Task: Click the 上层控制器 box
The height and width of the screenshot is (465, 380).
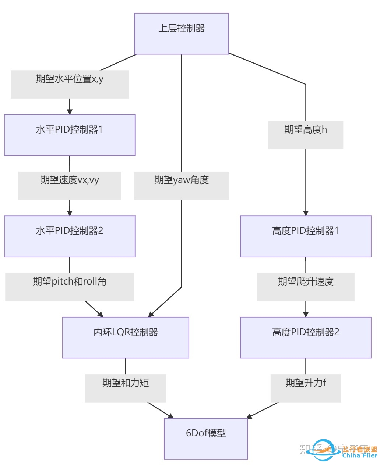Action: coord(182,34)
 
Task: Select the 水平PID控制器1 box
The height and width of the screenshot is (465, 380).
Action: coord(70,135)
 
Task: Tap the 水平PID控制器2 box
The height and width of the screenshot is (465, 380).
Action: coord(70,236)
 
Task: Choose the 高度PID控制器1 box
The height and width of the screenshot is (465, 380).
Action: coord(306,236)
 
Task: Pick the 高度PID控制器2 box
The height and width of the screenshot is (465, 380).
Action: coord(306,337)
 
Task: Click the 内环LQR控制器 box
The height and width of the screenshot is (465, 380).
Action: coord(126,337)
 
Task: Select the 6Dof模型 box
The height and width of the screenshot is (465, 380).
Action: coord(206,439)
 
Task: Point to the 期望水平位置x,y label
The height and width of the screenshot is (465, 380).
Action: coord(70,84)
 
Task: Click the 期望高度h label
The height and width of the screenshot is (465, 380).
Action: coord(306,135)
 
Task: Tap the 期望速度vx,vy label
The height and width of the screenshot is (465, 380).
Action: coord(70,185)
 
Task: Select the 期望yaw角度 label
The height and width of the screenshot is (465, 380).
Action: coord(182,185)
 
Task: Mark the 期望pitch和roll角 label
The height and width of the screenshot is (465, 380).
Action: coord(70,287)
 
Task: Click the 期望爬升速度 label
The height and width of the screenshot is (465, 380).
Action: coord(306,287)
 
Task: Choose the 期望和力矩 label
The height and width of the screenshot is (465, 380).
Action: coord(126,388)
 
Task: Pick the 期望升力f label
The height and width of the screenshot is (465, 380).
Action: coord(306,388)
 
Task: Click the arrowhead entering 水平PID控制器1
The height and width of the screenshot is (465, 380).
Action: coord(70,112)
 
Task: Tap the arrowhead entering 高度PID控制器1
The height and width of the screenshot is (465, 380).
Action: coord(306,213)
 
